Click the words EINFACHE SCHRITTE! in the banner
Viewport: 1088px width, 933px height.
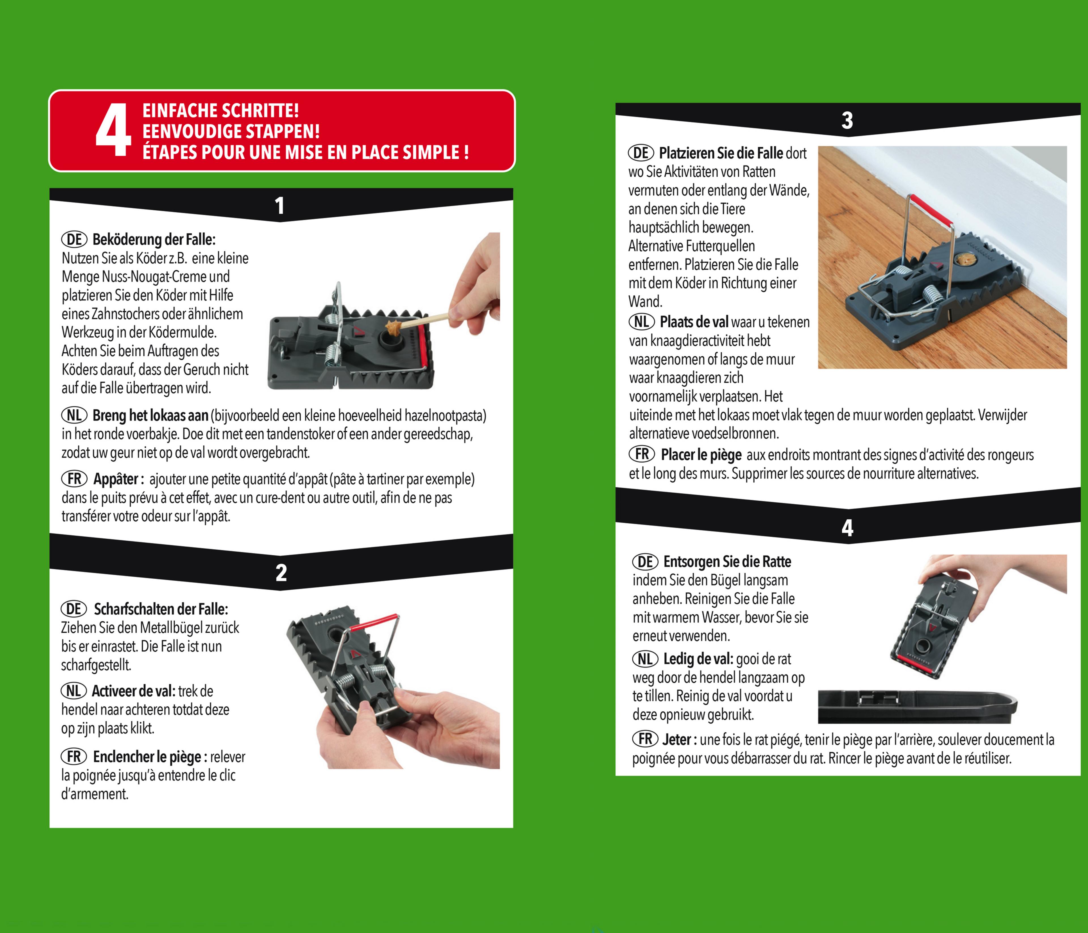220,111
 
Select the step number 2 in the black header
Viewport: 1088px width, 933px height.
281,573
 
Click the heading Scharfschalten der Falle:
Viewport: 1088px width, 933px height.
161,609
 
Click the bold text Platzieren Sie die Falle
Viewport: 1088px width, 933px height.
721,153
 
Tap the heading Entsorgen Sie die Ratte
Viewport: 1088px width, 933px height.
727,562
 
